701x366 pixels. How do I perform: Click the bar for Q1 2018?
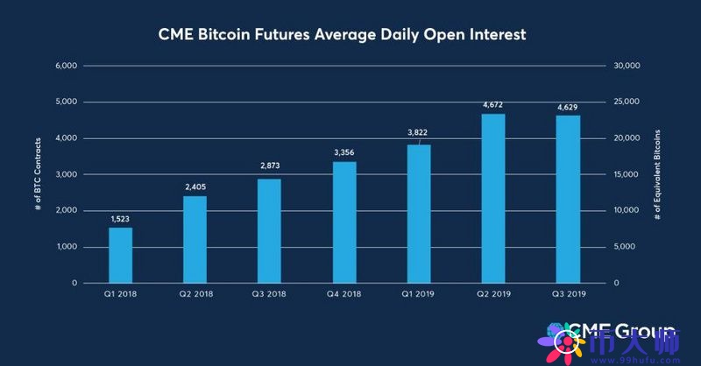pyautogui.click(x=120, y=255)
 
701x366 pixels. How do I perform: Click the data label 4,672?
pyautogui.click(x=493, y=105)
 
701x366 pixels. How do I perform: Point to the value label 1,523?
pyautogui.click(x=120, y=219)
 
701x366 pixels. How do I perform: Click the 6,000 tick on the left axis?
pyautogui.click(x=67, y=66)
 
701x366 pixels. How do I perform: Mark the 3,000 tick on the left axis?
pyautogui.click(x=67, y=174)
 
